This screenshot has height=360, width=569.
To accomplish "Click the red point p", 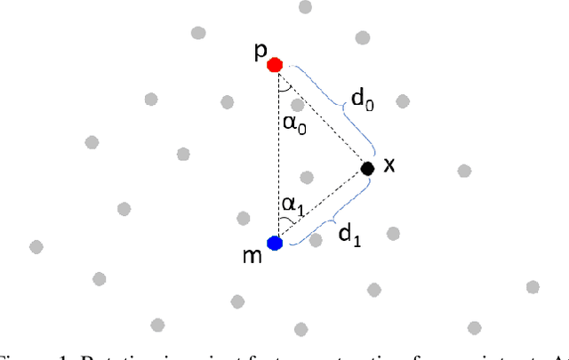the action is coord(275,64).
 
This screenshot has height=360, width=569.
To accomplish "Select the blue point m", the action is coord(275,242).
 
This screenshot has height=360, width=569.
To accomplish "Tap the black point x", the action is coord(367,167).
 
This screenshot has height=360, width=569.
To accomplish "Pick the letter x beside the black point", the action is coord(389,164).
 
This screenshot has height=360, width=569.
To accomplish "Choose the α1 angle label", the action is coord(291,204).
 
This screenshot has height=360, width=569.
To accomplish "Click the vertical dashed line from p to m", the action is coord(276,151).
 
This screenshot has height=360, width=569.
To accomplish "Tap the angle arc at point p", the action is coord(283,88).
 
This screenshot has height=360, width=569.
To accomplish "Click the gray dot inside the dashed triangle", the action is coord(307,177).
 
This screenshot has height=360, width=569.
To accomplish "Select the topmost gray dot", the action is coord(305,7).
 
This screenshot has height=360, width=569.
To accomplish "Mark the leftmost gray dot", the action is coord(36,246).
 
